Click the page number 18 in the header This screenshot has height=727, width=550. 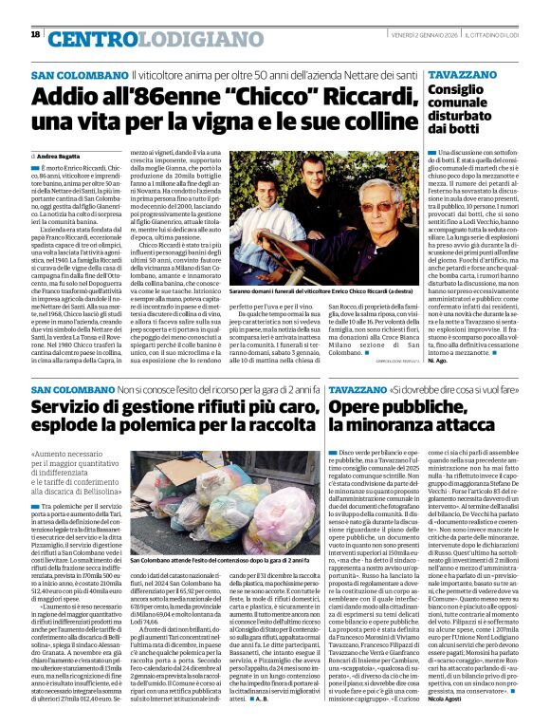click(36, 35)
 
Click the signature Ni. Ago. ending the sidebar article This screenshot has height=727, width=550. click(434, 362)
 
